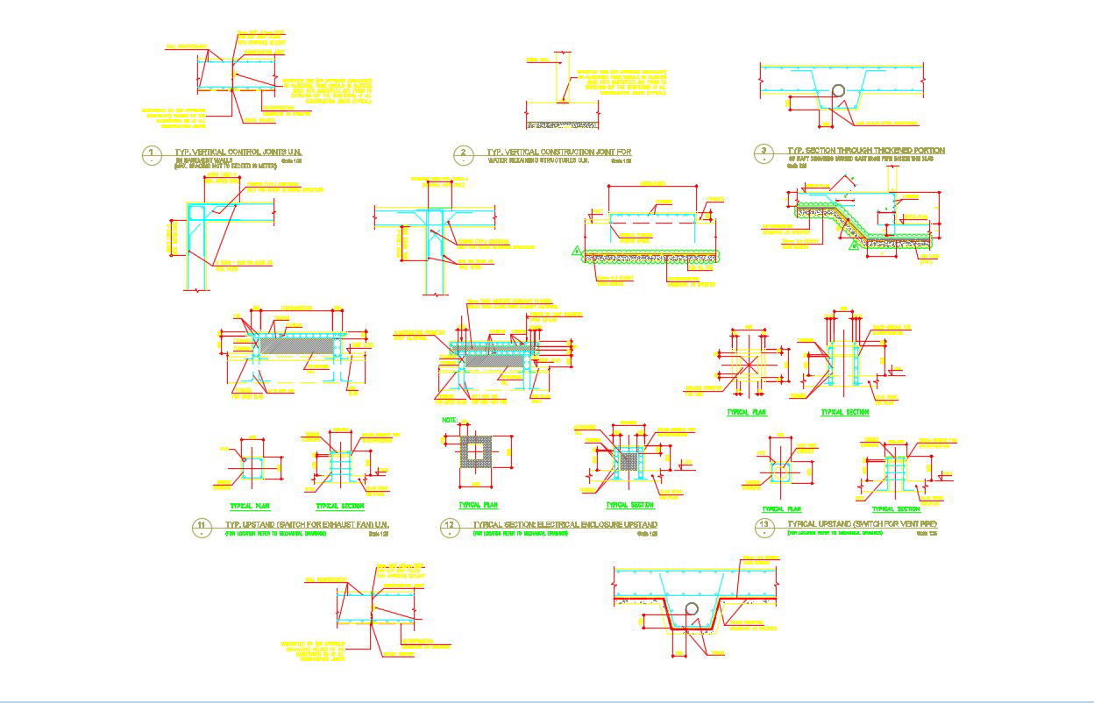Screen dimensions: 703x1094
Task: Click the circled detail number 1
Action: tap(152, 155)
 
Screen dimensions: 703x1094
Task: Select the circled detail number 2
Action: tap(463, 155)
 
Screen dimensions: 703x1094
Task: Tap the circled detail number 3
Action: tap(764, 154)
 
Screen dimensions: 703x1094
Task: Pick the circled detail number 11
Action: tap(202, 527)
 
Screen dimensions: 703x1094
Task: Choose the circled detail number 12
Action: tap(450, 527)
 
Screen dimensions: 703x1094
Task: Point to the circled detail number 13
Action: tap(764, 527)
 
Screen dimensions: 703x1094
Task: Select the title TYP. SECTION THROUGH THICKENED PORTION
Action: tap(866, 151)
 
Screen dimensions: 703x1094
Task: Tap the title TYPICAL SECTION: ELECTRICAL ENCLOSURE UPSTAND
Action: tap(565, 524)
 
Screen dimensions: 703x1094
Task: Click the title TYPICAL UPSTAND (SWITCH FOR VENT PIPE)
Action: tap(863, 524)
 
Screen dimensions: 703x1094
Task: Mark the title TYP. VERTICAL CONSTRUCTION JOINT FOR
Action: tap(559, 153)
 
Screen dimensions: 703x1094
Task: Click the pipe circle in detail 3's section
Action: tap(839, 91)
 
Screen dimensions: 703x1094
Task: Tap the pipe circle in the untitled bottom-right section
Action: tap(692, 609)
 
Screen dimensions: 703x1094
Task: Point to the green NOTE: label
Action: tap(451, 421)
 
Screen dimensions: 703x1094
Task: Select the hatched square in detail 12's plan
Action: tap(478, 453)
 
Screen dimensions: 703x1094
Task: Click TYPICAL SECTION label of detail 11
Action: tap(339, 506)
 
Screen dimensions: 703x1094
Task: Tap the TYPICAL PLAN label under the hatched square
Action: tap(479, 505)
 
